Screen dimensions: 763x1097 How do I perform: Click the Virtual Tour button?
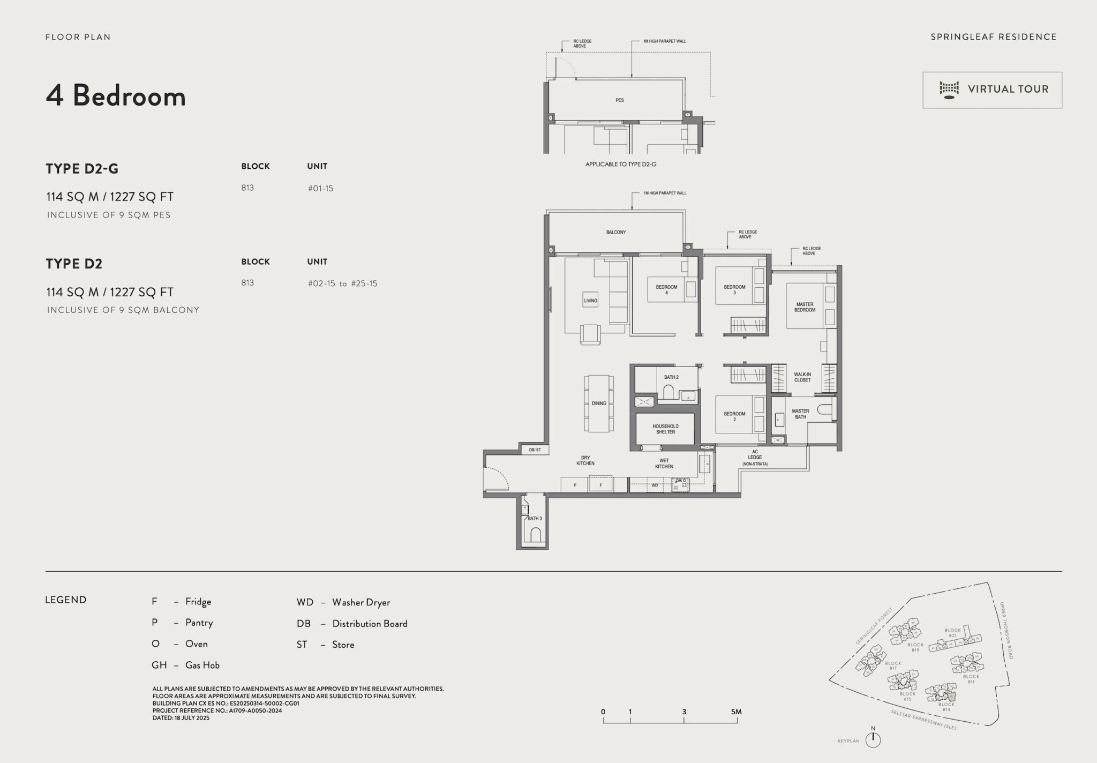pyautogui.click(x=992, y=89)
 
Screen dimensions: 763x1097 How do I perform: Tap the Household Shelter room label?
pyautogui.click(x=665, y=429)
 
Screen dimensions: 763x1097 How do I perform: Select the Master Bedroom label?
pyautogui.click(x=805, y=307)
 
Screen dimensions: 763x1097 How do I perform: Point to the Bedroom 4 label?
pyautogui.click(x=666, y=289)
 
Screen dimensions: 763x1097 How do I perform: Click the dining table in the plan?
pyautogui.click(x=599, y=403)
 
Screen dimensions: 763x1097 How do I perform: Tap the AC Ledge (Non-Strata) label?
pyautogui.click(x=755, y=458)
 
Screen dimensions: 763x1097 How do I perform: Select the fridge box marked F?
pyautogui.click(x=600, y=484)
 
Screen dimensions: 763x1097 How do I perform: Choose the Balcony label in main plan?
pyautogui.click(x=616, y=232)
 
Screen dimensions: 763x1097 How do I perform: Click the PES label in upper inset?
pyautogui.click(x=620, y=100)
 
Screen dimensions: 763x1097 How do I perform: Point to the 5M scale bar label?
pyautogui.click(x=736, y=712)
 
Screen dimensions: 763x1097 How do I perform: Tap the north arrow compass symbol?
pyautogui.click(x=873, y=739)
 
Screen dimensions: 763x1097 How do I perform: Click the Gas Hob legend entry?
pyautogui.click(x=185, y=665)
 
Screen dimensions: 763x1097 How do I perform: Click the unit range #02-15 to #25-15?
pyautogui.click(x=342, y=283)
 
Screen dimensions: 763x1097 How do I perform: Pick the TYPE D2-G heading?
pyautogui.click(x=82, y=169)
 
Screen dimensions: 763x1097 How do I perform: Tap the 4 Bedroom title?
pyautogui.click(x=116, y=96)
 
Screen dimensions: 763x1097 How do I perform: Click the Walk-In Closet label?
pyautogui.click(x=802, y=377)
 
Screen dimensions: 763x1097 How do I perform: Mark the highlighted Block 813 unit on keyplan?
pyautogui.click(x=951, y=696)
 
